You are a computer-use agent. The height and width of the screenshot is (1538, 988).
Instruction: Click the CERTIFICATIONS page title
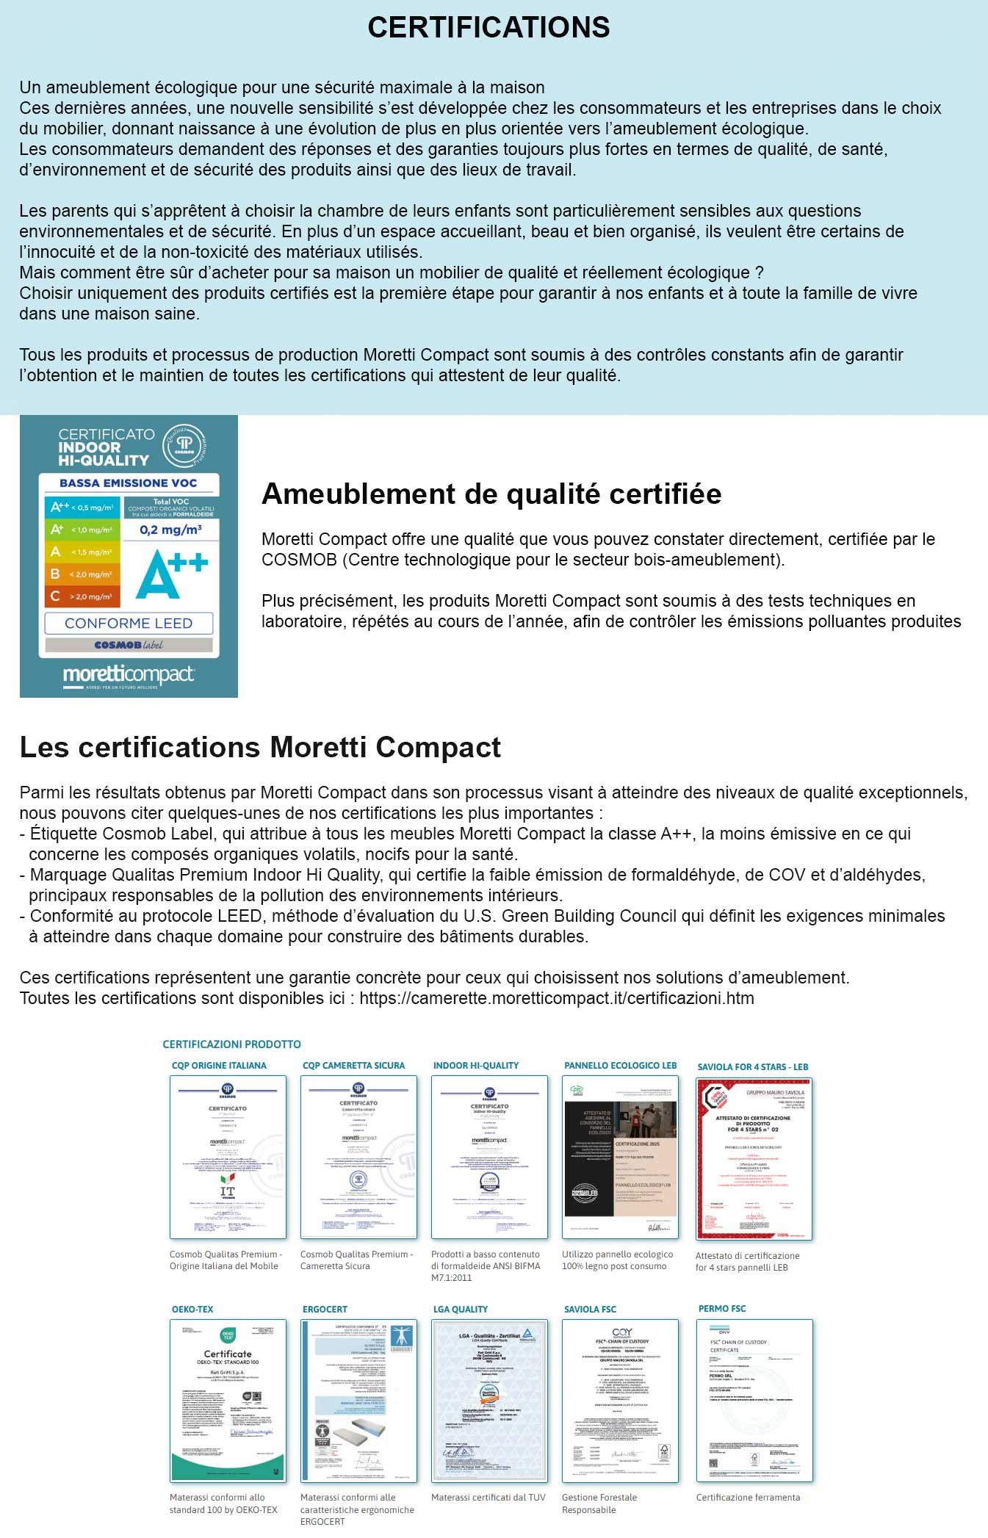pyautogui.click(x=488, y=28)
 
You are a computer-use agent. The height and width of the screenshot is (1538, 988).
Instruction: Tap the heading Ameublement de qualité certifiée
pyautogui.click(x=491, y=494)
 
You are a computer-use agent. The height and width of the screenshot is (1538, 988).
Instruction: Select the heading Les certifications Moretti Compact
pyautogui.click(x=260, y=747)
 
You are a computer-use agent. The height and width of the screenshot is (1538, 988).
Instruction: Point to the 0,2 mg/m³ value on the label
pyautogui.click(x=170, y=530)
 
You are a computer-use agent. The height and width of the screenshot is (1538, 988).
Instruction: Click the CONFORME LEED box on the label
pyautogui.click(x=129, y=623)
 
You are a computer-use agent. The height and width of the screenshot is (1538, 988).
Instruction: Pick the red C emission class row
pyautogui.click(x=81, y=596)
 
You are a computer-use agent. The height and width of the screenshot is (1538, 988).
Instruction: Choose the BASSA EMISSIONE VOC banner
pyautogui.click(x=129, y=483)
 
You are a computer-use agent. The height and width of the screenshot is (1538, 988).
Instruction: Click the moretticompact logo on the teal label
pyautogui.click(x=129, y=674)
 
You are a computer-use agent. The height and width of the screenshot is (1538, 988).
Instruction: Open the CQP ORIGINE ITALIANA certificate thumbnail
pyautogui.click(x=228, y=1157)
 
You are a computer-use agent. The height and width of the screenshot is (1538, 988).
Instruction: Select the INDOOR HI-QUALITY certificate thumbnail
pyautogui.click(x=489, y=1157)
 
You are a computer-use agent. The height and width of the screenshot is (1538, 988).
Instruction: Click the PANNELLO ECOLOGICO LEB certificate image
pyautogui.click(x=620, y=1157)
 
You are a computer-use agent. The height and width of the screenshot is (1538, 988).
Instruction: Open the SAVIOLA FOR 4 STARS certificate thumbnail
pyautogui.click(x=754, y=1158)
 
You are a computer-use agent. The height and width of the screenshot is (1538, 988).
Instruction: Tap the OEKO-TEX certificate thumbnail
pyautogui.click(x=228, y=1400)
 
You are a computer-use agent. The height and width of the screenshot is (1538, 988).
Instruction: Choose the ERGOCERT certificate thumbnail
pyautogui.click(x=358, y=1400)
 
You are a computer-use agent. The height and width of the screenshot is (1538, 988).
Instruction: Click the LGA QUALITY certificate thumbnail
pyautogui.click(x=489, y=1400)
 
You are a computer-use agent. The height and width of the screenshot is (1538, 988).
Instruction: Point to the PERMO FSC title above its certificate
pyautogui.click(x=722, y=1308)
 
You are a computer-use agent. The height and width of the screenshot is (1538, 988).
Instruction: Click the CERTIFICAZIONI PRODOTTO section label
pyautogui.click(x=232, y=1044)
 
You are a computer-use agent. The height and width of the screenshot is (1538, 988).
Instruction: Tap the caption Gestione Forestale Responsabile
pyautogui.click(x=599, y=1503)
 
